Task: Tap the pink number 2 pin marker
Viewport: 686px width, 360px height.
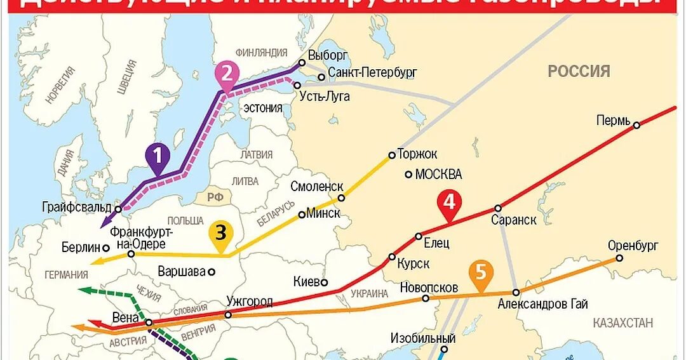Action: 227,74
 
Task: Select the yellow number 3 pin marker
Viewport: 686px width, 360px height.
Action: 220,233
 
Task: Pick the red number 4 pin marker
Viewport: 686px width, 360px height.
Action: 449,203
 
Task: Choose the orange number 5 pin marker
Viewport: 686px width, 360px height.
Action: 481,272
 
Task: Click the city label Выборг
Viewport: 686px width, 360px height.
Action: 329,55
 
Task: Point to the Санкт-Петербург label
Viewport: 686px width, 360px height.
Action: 372,73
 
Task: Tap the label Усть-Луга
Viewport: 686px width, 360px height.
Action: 328,97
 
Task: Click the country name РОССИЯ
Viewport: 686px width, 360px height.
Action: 579,71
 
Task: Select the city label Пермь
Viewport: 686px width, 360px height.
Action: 614,120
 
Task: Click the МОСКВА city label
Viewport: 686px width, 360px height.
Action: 438,174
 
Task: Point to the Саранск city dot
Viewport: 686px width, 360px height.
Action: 498,208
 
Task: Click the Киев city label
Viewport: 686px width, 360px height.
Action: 307,281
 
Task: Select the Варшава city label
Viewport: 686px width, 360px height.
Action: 182,271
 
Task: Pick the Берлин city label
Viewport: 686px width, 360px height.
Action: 81,248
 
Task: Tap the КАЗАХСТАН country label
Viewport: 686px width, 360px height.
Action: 622,323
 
